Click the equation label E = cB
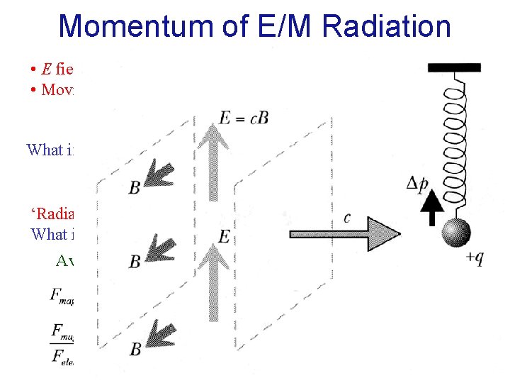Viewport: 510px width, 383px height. coord(243,118)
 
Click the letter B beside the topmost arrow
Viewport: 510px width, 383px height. coord(134,188)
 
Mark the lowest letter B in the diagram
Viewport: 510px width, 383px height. coord(135,348)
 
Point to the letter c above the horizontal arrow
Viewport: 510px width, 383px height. coord(346,216)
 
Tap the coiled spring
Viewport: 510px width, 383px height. coord(452,142)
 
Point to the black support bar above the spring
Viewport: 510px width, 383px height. coord(453,68)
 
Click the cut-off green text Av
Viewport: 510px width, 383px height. coord(65,260)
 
